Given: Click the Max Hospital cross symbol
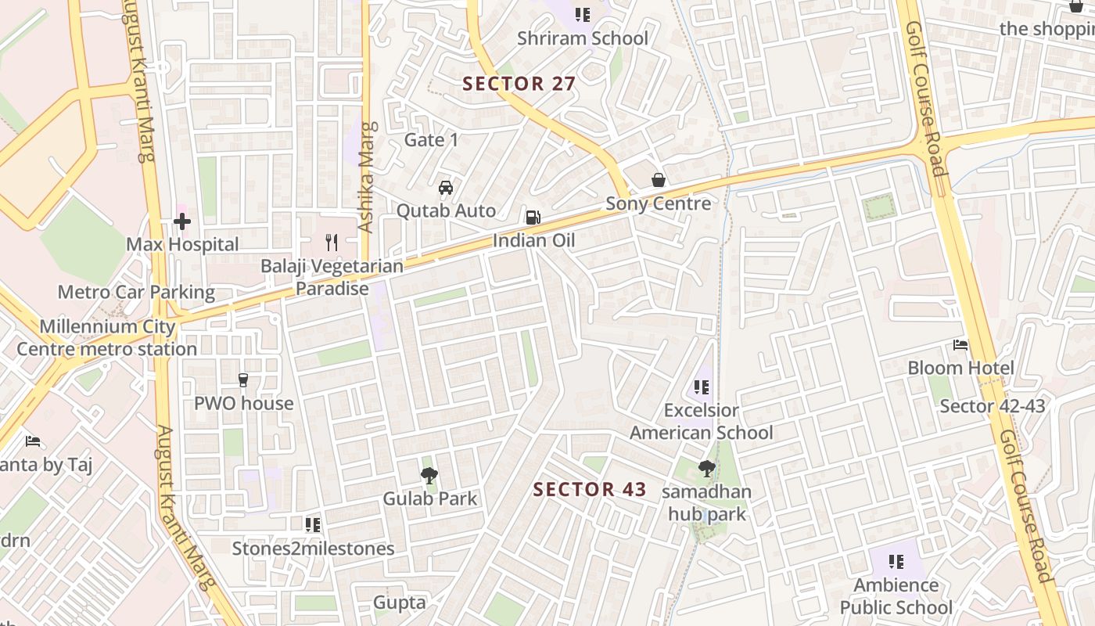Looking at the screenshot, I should pos(182,222).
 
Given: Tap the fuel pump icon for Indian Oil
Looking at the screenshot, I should pos(533,218).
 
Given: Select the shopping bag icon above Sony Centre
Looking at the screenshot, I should pos(659,181).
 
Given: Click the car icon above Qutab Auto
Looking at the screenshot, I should pos(446,188).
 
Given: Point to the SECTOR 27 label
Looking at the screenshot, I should pos(519,84).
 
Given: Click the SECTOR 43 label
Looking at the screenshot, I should pos(590,490).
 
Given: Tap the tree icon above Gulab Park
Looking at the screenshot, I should pos(429,475).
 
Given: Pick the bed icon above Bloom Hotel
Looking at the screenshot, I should pos(960,345).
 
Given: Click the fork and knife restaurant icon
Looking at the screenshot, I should pos(332,243).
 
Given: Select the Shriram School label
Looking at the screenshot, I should pos(583,38).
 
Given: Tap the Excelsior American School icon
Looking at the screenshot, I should pos(702,387).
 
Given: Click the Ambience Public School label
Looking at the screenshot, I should pos(896,596).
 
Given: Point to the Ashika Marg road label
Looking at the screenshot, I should pos(366,177).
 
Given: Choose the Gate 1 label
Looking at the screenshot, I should pos(431,140).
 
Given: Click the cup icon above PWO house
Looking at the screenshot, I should pos(243,380).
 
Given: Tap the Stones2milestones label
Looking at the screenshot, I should pos(313,549).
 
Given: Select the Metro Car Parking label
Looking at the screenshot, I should pos(136,293).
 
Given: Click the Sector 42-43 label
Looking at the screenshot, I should pos(992,406).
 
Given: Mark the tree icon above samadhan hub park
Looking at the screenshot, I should pos(707,469).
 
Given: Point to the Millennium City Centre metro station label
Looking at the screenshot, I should pos(107,337).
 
